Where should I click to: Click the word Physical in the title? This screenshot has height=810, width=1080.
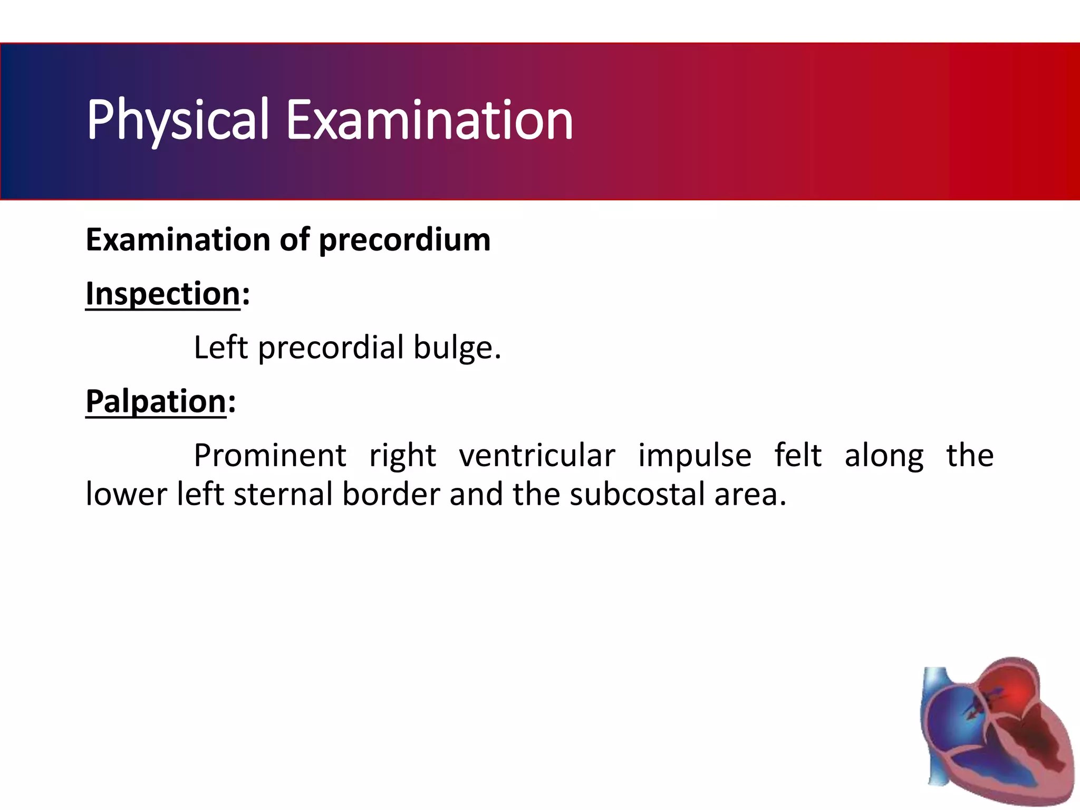tap(178, 120)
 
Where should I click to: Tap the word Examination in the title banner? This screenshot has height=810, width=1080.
tap(429, 120)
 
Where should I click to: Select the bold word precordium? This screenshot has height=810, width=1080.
tap(404, 240)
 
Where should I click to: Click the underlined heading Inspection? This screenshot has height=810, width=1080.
tap(163, 294)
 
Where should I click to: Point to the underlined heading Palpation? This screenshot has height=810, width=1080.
tap(156, 401)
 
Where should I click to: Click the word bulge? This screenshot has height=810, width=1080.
tap(457, 348)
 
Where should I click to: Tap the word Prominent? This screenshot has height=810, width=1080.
tap(270, 455)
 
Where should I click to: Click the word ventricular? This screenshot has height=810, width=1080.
tap(537, 455)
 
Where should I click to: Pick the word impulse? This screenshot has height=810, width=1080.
tap(695, 455)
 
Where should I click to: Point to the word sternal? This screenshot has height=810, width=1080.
tap(283, 495)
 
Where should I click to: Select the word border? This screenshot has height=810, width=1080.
tap(391, 495)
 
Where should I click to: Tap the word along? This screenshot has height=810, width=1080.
tap(884, 456)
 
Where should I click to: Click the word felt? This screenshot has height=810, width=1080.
tap(797, 455)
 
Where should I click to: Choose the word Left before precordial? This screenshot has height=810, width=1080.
tap(220, 348)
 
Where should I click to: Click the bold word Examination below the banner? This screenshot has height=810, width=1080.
tap(178, 240)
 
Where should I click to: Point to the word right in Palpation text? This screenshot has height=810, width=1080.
tap(402, 456)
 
